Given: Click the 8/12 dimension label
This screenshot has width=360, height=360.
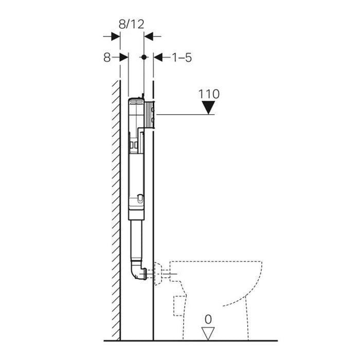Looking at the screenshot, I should [x=132, y=24].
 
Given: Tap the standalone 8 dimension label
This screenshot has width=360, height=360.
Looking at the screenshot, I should [x=106, y=58].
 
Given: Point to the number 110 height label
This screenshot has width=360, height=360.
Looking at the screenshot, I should [x=208, y=94].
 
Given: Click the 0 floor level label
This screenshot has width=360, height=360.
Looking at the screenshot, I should [x=208, y=319].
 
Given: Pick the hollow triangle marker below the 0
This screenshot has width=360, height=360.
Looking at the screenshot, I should [x=208, y=333].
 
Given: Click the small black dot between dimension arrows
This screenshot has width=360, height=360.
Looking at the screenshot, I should [x=144, y=58].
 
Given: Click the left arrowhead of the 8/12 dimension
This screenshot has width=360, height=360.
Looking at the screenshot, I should [x=116, y=36].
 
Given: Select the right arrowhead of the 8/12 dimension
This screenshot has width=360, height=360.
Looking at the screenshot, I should [x=148, y=36].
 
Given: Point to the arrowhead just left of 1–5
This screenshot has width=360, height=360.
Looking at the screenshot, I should [x=158, y=58].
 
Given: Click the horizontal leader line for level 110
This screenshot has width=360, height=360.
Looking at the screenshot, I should [x=185, y=114].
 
